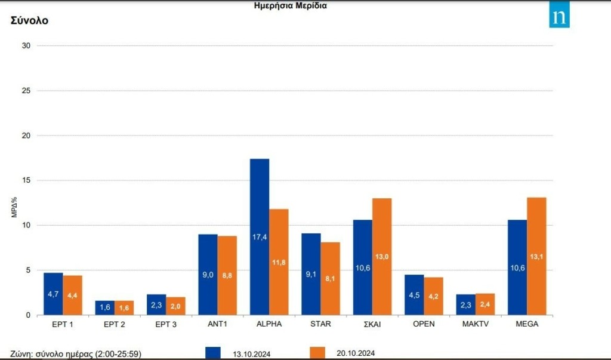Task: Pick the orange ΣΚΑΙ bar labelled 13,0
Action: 382,256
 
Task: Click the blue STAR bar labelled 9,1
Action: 311,274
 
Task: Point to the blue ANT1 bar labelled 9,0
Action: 208,275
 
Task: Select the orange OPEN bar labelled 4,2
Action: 433,296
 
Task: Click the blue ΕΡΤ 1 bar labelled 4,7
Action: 53,294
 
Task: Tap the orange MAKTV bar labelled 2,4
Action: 485,304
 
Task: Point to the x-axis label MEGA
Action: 527,324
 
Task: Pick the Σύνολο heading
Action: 29,20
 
